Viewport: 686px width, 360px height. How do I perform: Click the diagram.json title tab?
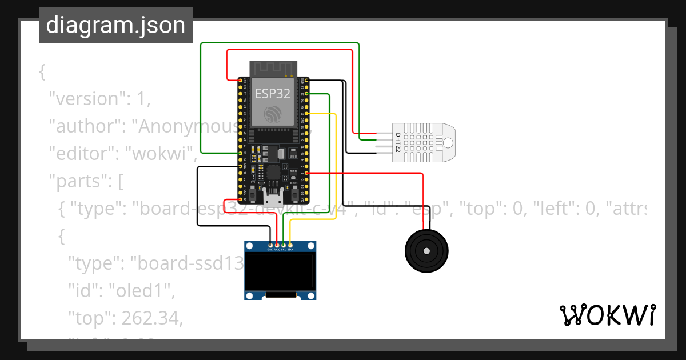(115, 25)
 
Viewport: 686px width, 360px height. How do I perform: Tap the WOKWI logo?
(607, 315)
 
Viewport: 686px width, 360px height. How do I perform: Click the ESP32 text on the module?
(272, 94)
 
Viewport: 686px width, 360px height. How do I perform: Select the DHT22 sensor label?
(398, 143)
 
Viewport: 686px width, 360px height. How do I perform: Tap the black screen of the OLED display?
(280, 271)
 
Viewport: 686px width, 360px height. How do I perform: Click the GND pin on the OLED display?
(270, 245)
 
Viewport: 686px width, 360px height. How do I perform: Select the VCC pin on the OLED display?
(277, 245)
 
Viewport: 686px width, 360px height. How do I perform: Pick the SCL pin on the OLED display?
(284, 245)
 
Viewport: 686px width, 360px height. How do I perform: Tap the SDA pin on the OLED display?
(290, 245)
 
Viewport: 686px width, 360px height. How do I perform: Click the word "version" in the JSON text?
(85, 99)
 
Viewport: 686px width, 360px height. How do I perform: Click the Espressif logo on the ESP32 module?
(272, 114)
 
